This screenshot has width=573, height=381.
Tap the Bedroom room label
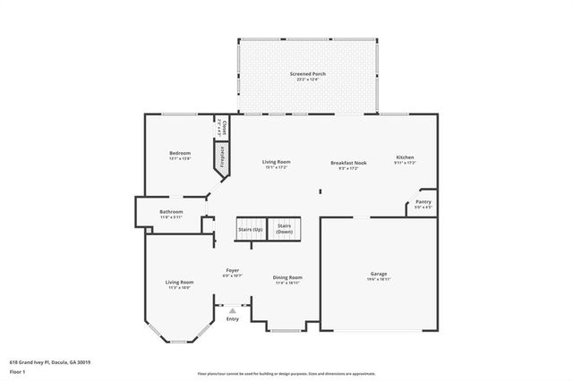[x=180, y=154]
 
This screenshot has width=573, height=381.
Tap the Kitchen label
[x=406, y=159]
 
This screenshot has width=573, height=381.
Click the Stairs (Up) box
[x=251, y=230]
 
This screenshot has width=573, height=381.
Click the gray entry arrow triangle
[x=232, y=310]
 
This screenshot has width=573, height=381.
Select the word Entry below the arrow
[x=233, y=319]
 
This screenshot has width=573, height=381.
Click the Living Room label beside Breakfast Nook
[x=276, y=164]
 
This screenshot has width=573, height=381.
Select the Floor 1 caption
[x=18, y=372]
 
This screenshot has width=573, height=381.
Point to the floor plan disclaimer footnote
[x=286, y=374]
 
